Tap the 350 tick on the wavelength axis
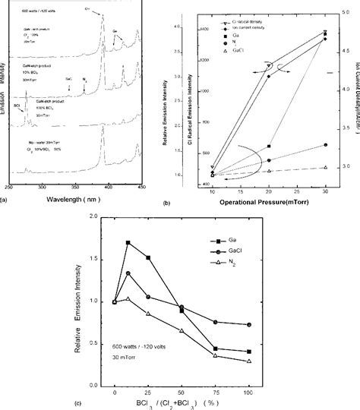tap(72, 185)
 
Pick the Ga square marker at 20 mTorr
tap(269, 146)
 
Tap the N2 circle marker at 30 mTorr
tap(325, 144)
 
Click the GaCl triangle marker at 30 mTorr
tap(325, 167)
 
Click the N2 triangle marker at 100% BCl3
tap(250, 361)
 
